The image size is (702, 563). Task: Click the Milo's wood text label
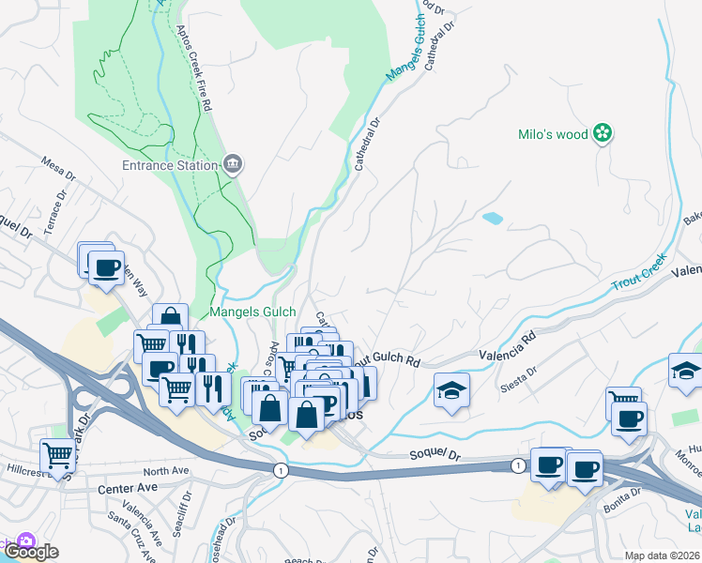[553, 134]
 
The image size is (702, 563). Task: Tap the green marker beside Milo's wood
[603, 134]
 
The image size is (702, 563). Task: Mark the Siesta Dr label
[518, 372]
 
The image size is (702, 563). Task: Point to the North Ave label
[166, 471]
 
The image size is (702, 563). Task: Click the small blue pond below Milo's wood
[492, 219]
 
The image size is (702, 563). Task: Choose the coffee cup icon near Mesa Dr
[105, 268]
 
